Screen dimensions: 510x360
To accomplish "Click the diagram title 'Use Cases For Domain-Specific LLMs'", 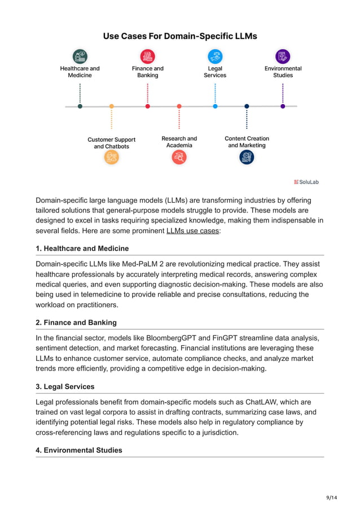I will (179, 36).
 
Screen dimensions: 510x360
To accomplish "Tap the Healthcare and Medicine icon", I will (80, 56).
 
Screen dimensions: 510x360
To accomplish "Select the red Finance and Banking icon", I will (147, 56).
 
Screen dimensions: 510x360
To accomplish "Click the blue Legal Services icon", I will (215, 56).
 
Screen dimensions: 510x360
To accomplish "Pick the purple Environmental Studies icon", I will (283, 56).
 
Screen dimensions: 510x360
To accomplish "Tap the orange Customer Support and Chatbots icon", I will (111, 158).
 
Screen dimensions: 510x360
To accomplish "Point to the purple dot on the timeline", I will (283, 106).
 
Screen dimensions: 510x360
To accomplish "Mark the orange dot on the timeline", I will (111, 106).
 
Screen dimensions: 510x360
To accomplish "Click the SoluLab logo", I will (306, 182).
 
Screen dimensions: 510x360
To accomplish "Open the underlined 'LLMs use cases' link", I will (192, 231).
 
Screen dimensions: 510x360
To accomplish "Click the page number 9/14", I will (332, 498).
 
